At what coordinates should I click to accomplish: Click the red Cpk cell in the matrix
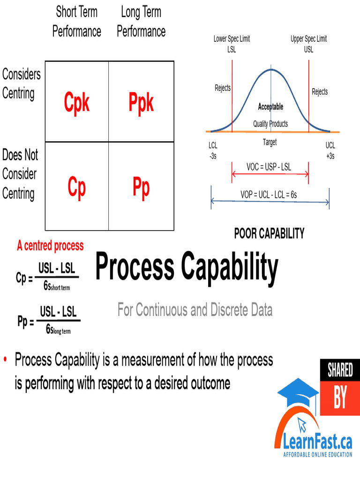click(76, 103)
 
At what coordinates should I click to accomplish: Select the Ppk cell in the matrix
click(141, 103)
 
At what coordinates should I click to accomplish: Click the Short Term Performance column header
click(76, 22)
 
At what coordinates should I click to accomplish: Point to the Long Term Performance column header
click(141, 22)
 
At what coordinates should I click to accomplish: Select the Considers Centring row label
click(21, 83)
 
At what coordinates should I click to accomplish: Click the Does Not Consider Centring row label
click(20, 174)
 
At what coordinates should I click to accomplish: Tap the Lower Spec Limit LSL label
click(232, 44)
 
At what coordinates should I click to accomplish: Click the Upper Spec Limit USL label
click(308, 44)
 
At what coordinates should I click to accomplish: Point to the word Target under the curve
click(270, 142)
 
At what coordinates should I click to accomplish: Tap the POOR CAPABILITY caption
click(269, 233)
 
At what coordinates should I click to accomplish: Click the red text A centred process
click(50, 246)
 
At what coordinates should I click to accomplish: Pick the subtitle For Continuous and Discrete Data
click(195, 310)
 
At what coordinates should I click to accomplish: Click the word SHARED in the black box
click(340, 370)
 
